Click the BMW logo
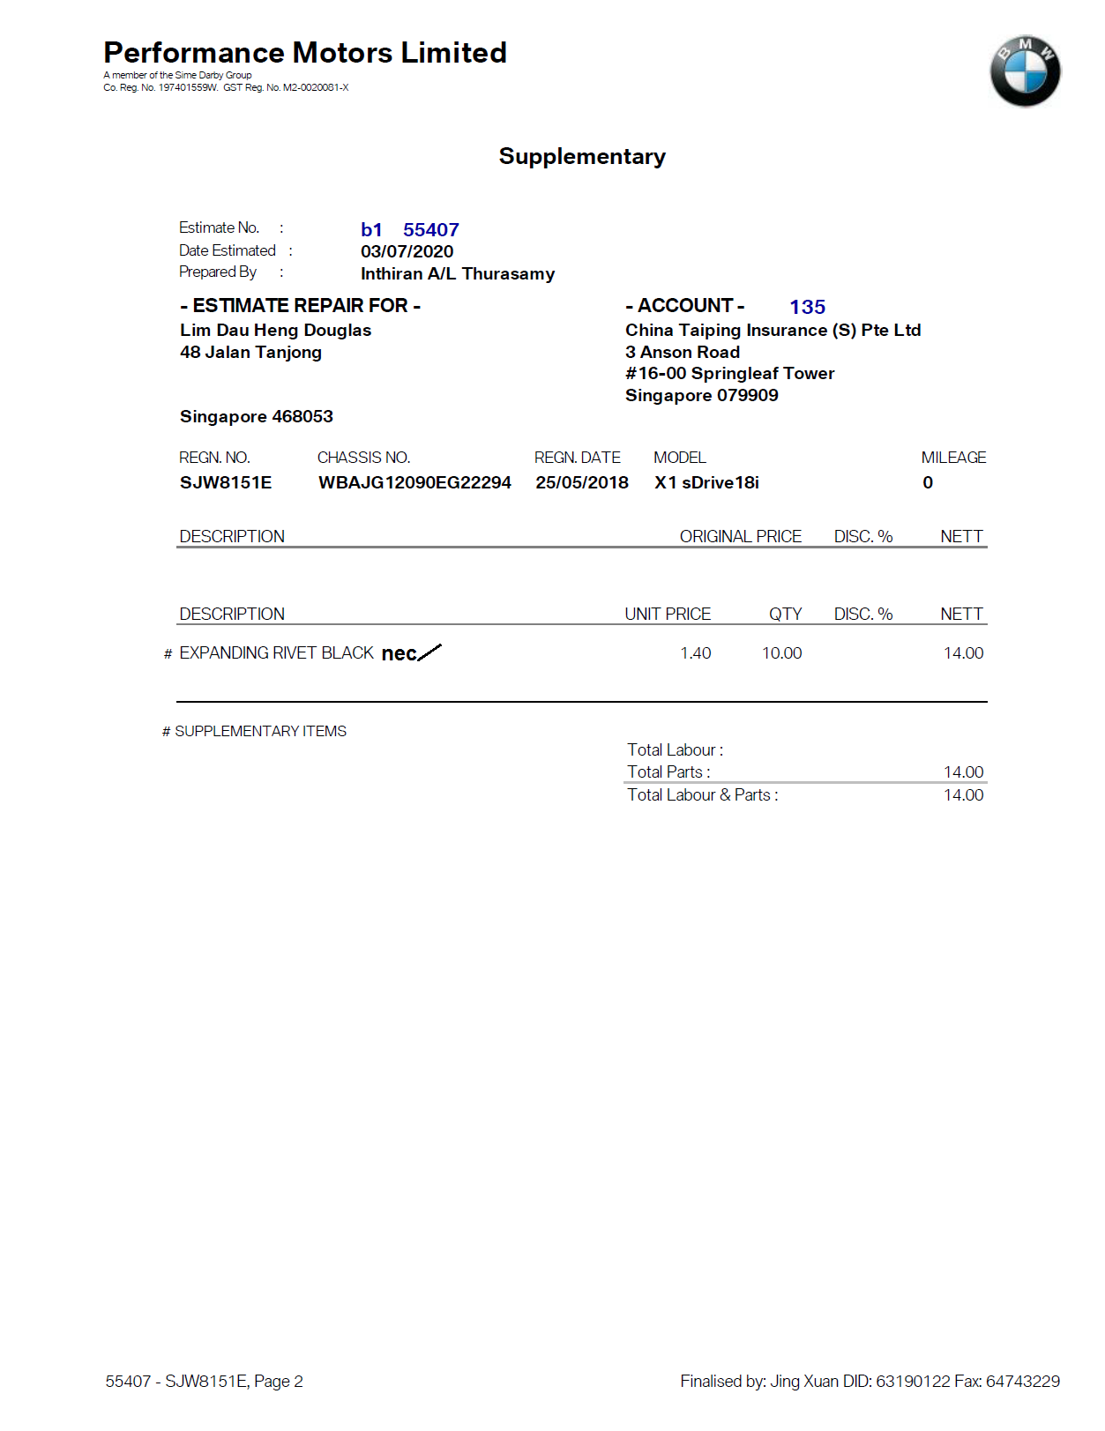pyautogui.click(x=1025, y=71)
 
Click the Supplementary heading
pyautogui.click(x=582, y=156)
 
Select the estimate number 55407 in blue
pyautogui.click(x=430, y=230)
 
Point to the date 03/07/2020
pyautogui.click(x=407, y=251)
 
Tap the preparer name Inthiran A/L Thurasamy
pyautogui.click(x=458, y=273)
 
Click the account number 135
pyautogui.click(x=807, y=307)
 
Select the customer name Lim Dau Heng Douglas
pyautogui.click(x=275, y=330)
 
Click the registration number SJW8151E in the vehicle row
pyautogui.click(x=226, y=482)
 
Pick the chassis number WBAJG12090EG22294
pyautogui.click(x=414, y=482)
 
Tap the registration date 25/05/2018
pyautogui.click(x=582, y=482)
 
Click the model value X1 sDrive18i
pyautogui.click(x=706, y=482)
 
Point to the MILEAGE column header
pyautogui.click(x=953, y=458)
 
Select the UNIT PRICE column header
pyautogui.click(x=668, y=614)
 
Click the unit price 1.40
pyautogui.click(x=695, y=653)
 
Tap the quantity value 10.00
pyautogui.click(x=781, y=653)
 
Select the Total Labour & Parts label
pyautogui.click(x=702, y=794)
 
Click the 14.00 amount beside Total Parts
pyautogui.click(x=963, y=772)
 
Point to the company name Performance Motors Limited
pyautogui.click(x=305, y=53)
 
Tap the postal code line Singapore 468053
pyautogui.click(x=257, y=416)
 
